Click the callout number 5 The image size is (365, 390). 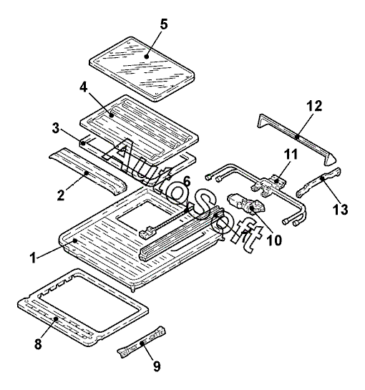[164, 24]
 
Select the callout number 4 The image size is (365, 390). [84, 87]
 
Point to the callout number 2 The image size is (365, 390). [61, 195]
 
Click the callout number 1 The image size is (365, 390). [33, 257]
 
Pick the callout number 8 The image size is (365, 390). [38, 344]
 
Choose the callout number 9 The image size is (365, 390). [157, 366]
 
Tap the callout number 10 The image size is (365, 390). [274, 240]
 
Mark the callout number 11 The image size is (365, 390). [291, 154]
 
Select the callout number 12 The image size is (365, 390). [314, 106]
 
